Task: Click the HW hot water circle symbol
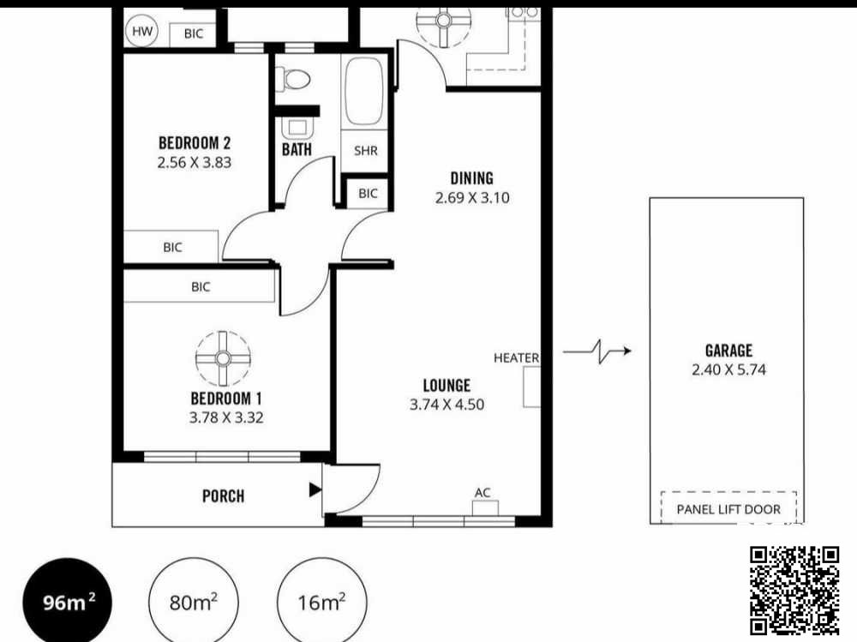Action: (x=142, y=31)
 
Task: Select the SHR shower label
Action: (x=365, y=150)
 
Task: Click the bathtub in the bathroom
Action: (x=364, y=91)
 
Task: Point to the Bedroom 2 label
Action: (x=195, y=143)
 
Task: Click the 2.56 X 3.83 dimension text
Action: (x=195, y=162)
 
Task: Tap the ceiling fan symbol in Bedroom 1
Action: (x=223, y=359)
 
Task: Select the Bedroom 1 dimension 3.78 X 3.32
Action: (x=226, y=417)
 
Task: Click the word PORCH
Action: (x=223, y=496)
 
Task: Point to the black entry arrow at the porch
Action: (x=315, y=489)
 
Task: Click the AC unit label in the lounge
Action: (x=482, y=493)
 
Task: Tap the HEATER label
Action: (x=516, y=357)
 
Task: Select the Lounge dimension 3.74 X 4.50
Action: (x=447, y=405)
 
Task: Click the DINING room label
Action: (x=471, y=177)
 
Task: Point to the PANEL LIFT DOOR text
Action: (x=728, y=509)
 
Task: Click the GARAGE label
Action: (x=728, y=350)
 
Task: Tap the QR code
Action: (x=794, y=591)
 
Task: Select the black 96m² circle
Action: (x=67, y=602)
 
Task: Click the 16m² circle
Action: (x=322, y=602)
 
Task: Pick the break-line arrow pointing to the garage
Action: (x=597, y=351)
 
